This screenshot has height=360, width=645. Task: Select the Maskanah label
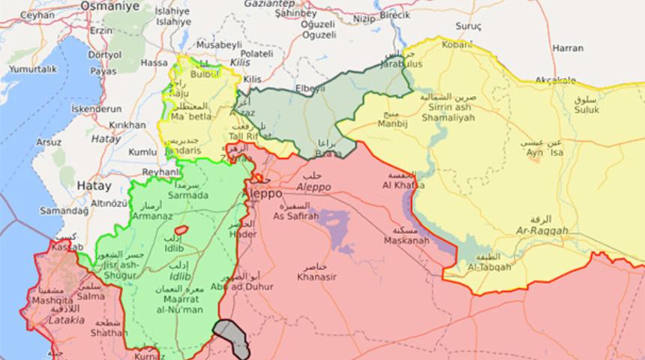(x=406, y=241)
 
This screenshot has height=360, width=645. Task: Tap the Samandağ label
(x=64, y=212)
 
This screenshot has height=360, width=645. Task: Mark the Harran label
(x=567, y=48)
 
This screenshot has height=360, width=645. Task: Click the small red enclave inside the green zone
(x=181, y=229)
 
